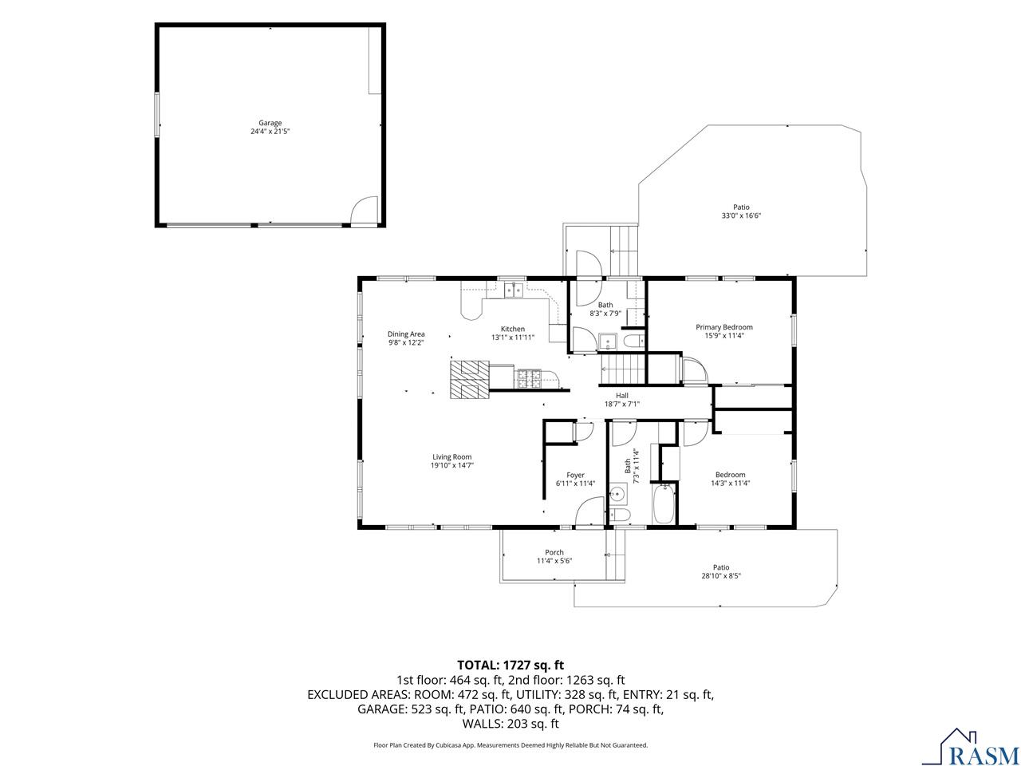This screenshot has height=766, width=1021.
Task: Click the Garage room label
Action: pos(270,123)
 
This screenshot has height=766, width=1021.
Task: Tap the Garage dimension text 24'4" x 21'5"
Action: pos(270,132)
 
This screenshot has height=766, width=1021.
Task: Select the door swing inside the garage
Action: pos(363,211)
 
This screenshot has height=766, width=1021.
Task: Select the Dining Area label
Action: pos(406,334)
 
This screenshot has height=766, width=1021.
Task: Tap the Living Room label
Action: pos(451,456)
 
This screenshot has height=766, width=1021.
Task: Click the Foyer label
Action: pos(575,475)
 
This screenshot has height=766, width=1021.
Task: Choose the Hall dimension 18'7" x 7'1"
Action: pos(622,405)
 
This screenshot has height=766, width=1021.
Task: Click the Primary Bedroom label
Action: pos(723,327)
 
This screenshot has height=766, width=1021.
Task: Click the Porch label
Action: pos(554,552)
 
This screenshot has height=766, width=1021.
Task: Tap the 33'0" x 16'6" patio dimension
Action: pos(741,215)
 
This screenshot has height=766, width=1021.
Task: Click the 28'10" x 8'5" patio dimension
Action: pos(721,576)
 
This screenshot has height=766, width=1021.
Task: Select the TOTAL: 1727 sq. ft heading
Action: pos(510,665)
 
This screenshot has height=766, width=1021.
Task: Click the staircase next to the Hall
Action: pos(622,369)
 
